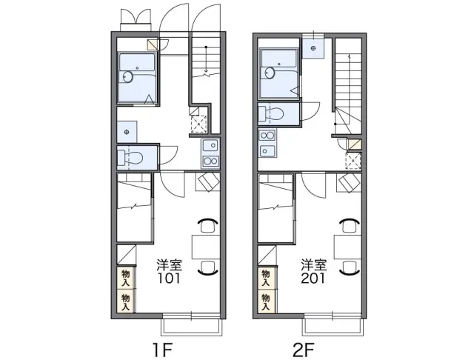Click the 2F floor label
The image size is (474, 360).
(304, 350)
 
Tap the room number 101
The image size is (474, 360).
(169, 278)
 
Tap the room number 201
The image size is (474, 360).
(313, 278)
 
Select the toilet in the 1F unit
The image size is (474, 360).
(130, 158)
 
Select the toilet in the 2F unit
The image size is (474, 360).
(271, 113)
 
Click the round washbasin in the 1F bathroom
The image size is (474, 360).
(128, 77)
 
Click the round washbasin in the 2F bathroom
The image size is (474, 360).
(270, 73)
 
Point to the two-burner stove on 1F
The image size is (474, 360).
(210, 161)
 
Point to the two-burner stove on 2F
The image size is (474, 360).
(267, 135)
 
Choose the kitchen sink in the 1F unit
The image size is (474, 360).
(210, 146)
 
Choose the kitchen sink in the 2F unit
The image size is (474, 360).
(267, 150)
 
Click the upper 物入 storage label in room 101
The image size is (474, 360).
(125, 279)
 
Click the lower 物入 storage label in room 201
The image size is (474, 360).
(266, 302)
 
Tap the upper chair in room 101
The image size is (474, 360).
(207, 225)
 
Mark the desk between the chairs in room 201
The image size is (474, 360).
(347, 247)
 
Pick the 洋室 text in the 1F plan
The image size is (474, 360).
(169, 264)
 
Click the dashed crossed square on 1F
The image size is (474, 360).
(199, 124)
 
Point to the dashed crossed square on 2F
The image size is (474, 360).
(354, 161)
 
